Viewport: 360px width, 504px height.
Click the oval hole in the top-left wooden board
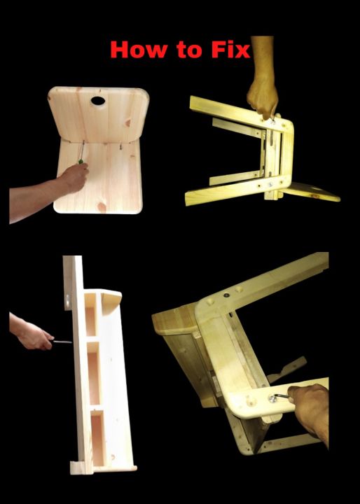pyautogui.click(x=97, y=101)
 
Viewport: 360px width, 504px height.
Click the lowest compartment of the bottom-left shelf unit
pyautogui.click(x=97, y=438)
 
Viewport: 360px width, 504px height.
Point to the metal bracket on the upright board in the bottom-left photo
pyautogui.click(x=67, y=301)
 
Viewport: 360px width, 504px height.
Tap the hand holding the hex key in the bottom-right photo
pyautogui.click(x=312, y=409)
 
